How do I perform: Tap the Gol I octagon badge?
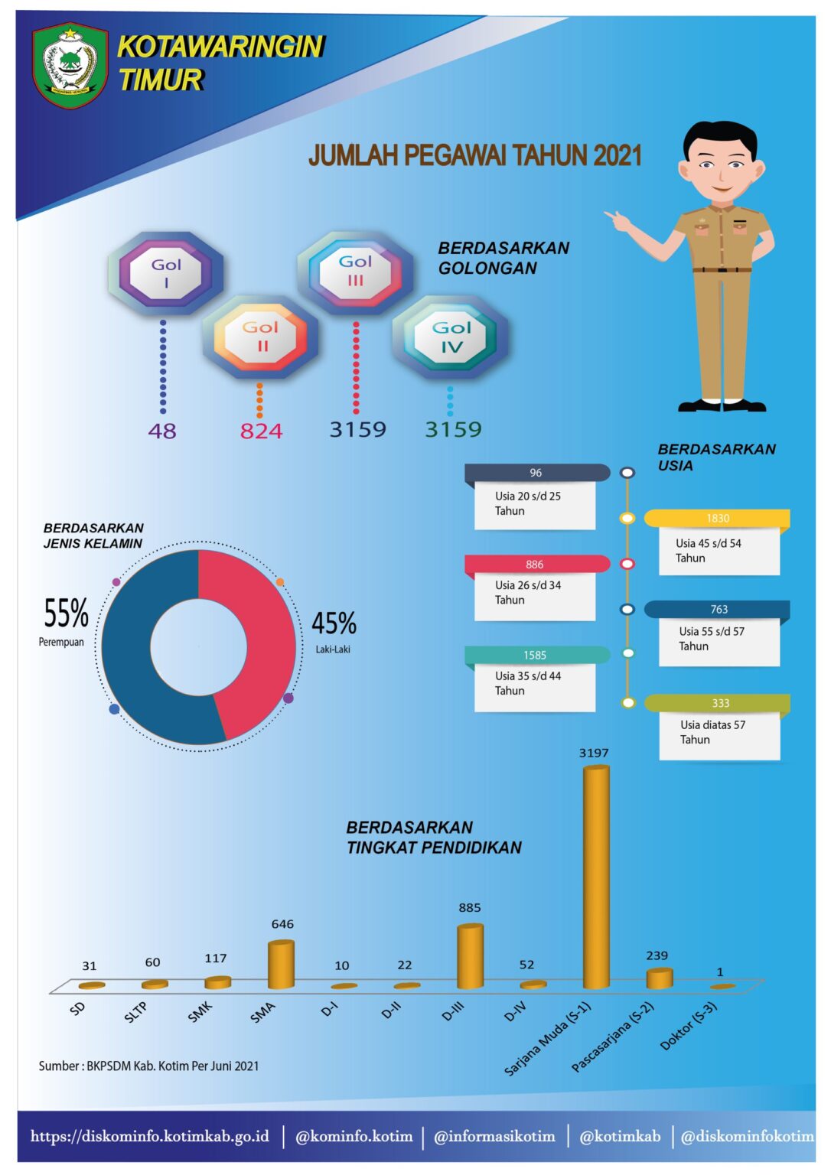click(166, 274)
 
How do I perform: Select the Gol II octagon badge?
click(260, 337)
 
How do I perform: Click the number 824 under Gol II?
click(261, 431)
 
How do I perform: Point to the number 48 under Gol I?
click(162, 431)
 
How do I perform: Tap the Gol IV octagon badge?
click(451, 337)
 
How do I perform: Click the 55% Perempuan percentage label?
click(66, 614)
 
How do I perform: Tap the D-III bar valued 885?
click(470, 956)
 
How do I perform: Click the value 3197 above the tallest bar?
click(594, 753)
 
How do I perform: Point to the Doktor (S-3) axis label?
click(689, 1026)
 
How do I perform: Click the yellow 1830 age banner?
click(717, 519)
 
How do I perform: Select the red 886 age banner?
click(536, 565)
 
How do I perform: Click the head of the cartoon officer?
click(719, 161)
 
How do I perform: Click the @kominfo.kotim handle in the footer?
click(354, 1136)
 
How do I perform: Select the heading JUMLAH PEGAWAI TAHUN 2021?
click(474, 155)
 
